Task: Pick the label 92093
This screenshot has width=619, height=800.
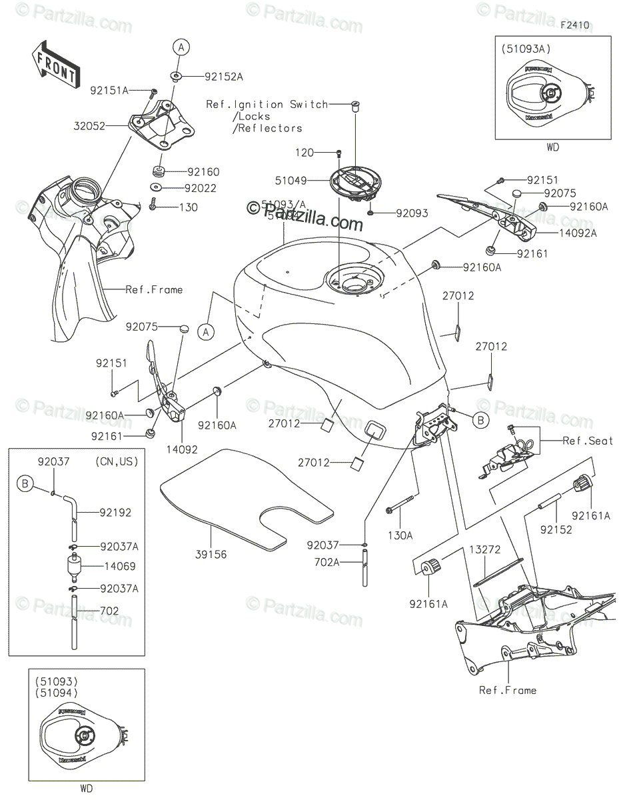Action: (412, 213)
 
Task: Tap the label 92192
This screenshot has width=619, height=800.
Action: (115, 513)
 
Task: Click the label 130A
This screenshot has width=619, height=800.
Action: (401, 535)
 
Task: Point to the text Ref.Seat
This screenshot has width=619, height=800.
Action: (587, 441)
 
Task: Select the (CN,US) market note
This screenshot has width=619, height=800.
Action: (118, 461)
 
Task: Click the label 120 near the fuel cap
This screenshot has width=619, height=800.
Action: (304, 153)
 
